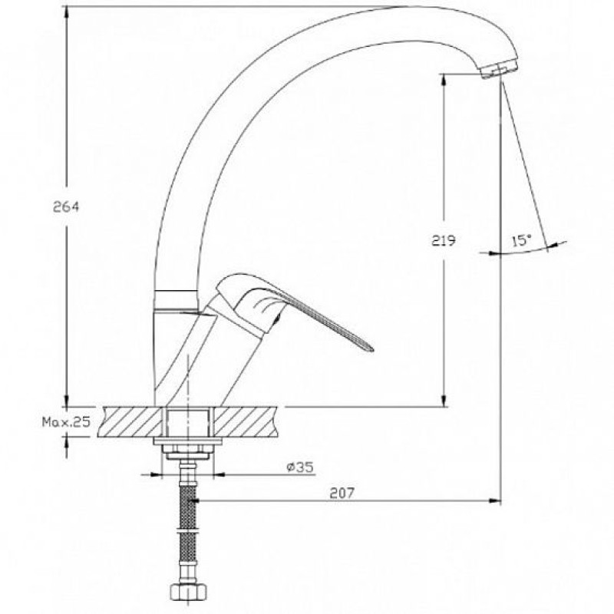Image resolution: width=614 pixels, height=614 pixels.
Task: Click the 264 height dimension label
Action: (66, 206)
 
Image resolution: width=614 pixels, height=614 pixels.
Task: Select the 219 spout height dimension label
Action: (444, 240)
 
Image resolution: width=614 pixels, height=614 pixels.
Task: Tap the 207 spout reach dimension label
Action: (342, 493)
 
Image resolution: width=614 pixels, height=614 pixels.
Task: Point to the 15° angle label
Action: (522, 240)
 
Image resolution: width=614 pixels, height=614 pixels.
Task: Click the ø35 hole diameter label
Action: (300, 467)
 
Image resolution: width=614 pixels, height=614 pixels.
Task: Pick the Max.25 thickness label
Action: (67, 421)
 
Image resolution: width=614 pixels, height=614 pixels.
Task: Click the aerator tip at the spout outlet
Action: (500, 71)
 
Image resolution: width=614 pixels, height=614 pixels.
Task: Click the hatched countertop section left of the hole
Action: (130, 422)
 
